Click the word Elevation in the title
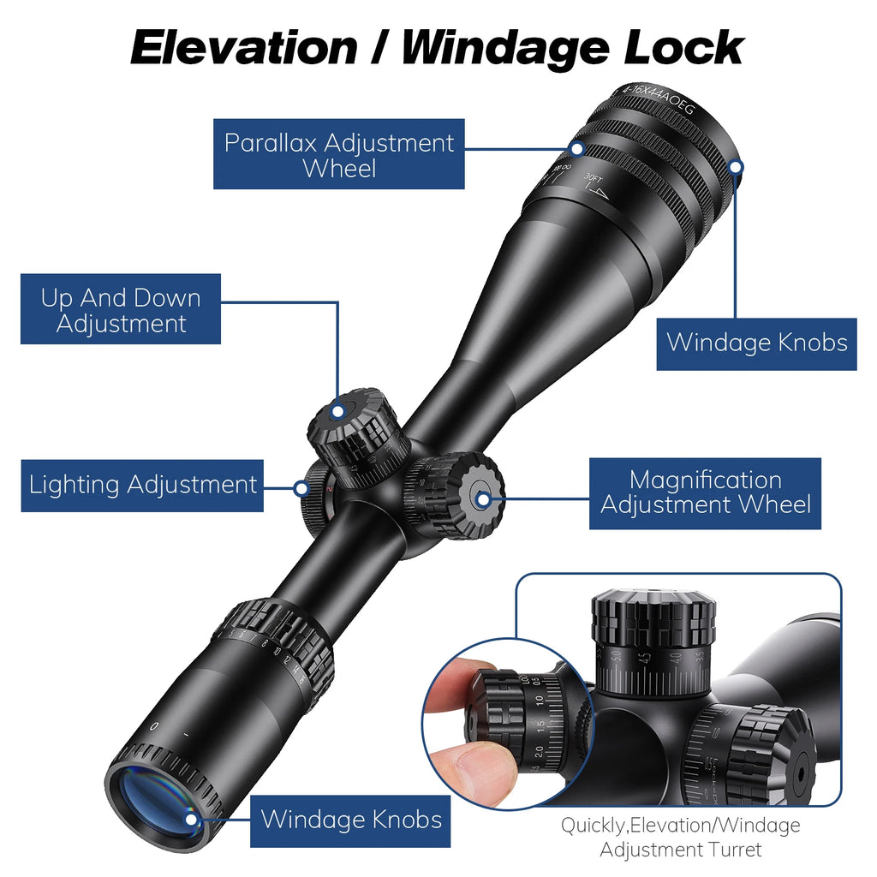[x=243, y=48]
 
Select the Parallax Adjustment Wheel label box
[x=338, y=154]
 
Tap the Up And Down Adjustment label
[x=121, y=309]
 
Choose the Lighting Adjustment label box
[x=142, y=485]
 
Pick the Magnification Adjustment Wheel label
[x=705, y=492]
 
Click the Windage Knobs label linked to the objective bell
[x=756, y=343]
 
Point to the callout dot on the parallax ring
[x=577, y=148]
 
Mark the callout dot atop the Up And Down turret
[x=338, y=412]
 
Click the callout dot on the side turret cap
[x=483, y=498]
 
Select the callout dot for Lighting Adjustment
[x=301, y=488]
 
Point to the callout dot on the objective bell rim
[x=736, y=166]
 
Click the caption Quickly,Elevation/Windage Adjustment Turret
[x=681, y=838]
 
